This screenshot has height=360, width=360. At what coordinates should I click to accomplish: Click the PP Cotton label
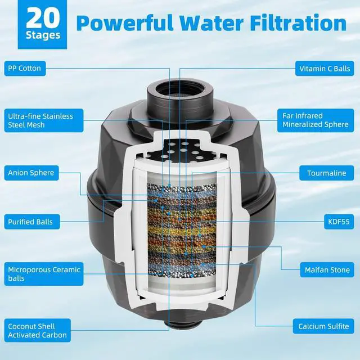tap(24, 69)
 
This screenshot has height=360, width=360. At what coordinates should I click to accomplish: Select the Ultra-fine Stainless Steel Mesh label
tap(40, 120)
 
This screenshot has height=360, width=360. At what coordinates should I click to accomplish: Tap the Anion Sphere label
tap(31, 173)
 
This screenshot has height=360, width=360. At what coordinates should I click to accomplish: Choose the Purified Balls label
tap(30, 222)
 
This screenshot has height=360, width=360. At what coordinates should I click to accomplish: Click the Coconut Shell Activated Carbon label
tap(37, 331)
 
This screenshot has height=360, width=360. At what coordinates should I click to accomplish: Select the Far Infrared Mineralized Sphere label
tap(315, 120)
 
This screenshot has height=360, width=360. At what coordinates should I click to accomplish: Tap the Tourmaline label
tap(326, 173)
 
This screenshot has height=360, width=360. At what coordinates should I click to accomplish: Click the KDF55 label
tap(336, 222)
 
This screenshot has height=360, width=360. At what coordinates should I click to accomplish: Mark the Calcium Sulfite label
tap(323, 326)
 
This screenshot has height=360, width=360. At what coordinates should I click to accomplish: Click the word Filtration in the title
tap(298, 24)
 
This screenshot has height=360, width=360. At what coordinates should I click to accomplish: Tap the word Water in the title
tap(213, 24)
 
